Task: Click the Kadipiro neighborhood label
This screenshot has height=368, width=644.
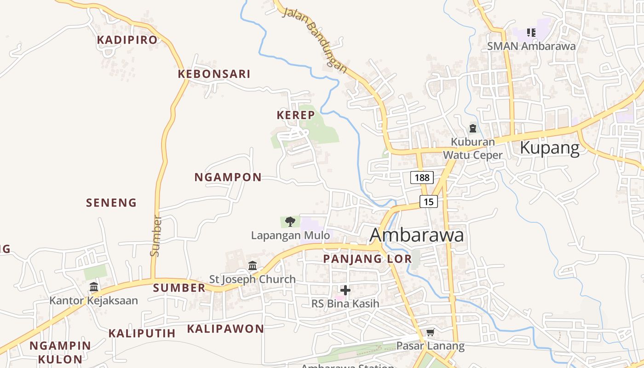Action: (127, 40)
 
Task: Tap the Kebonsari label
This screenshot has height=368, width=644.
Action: (214, 74)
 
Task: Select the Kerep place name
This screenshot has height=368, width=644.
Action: (296, 115)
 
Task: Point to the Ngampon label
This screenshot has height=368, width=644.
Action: (228, 177)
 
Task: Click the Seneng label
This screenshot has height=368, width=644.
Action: (112, 202)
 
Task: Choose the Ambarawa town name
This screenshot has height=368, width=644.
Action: (417, 235)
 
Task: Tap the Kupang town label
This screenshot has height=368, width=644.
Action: (550, 148)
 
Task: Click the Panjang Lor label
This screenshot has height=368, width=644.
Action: (368, 259)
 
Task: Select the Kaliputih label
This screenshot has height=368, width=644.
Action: (142, 333)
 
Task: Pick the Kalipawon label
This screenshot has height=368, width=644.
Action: (225, 329)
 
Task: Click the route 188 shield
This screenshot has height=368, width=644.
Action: (422, 178)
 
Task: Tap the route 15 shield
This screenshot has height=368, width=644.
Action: (428, 201)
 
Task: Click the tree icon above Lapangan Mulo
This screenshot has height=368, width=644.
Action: (290, 222)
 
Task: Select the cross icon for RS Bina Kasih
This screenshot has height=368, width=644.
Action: (345, 290)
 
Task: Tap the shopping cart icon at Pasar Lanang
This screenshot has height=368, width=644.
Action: (430, 332)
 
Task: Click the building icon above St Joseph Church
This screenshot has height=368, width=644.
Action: (253, 266)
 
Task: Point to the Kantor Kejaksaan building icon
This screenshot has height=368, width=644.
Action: (94, 287)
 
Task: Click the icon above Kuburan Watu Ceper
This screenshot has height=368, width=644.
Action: (472, 128)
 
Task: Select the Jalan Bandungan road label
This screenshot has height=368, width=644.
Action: (315, 40)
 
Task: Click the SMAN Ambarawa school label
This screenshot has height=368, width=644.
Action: (531, 46)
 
